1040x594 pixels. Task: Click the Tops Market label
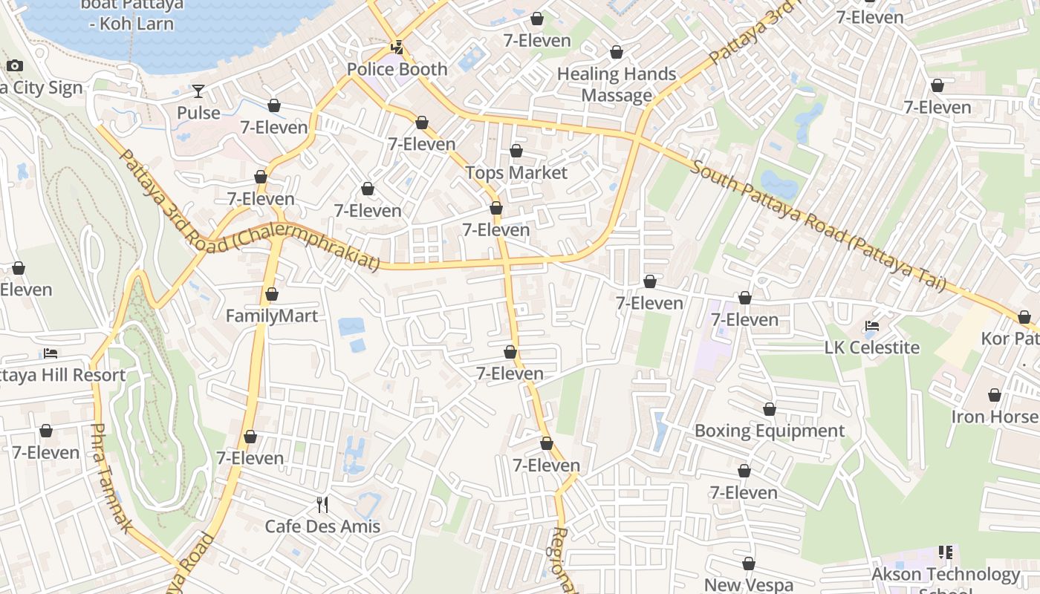[516, 173]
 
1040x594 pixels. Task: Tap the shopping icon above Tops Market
[516, 151]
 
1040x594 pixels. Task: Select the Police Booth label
[397, 70]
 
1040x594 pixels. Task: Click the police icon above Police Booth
[397, 48]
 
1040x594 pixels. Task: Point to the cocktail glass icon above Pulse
[198, 91]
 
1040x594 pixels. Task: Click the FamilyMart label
[272, 316]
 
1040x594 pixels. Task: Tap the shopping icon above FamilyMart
[272, 295]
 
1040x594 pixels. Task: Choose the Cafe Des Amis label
[322, 526]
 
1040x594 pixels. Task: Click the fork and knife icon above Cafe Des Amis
[322, 505]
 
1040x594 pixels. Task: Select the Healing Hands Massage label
[617, 85]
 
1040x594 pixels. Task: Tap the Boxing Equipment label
[770, 431]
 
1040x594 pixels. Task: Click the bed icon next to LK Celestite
[872, 326]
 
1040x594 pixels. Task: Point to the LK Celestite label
[872, 347]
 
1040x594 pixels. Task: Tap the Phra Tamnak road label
[111, 478]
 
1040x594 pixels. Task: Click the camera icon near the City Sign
[15, 66]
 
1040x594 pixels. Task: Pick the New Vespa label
[749, 585]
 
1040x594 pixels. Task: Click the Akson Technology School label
[946, 575]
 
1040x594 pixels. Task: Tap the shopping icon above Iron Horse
[995, 395]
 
